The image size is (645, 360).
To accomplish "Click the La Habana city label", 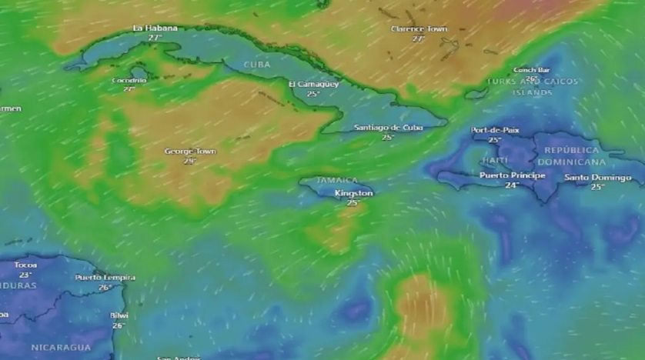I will coord(155,28).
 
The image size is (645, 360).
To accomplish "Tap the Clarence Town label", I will coord(419,29).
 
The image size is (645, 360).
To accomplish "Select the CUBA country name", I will coord(257,65).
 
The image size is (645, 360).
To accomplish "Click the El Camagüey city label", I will coord(313,84).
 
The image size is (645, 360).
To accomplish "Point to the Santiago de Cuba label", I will coord(389,128).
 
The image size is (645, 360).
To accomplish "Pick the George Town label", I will coord(190,152).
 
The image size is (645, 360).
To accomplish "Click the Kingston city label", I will coord(353,193).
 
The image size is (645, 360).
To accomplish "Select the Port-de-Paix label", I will coord(495,130).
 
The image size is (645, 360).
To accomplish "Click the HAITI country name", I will coord(495,160).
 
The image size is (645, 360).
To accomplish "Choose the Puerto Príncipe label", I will coord(512,175).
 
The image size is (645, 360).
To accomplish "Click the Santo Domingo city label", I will coord(597,178).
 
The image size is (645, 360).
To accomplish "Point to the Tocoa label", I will coord(25,265).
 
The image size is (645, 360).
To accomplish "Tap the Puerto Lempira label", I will coord(105,278).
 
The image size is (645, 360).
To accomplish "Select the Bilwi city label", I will coord(119,315).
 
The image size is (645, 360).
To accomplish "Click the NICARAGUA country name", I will coord(61,348).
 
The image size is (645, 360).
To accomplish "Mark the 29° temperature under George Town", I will coord(189,162).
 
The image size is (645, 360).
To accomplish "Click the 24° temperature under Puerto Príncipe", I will coord(512,185).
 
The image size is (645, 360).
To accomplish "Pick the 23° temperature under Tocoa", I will coord(25,275).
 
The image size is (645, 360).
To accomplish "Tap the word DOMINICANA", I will coord(571,162).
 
